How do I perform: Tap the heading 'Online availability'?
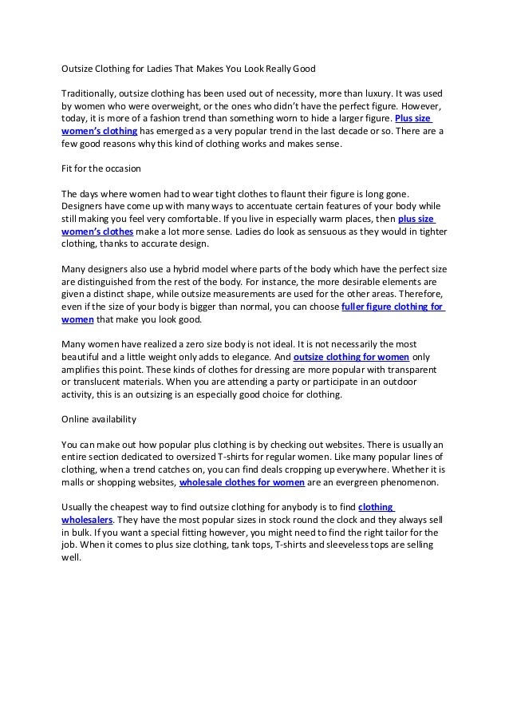pyautogui.click(x=99, y=418)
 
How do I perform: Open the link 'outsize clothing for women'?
pyautogui.click(x=352, y=356)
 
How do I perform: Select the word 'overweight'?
pyautogui.click(x=181, y=106)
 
